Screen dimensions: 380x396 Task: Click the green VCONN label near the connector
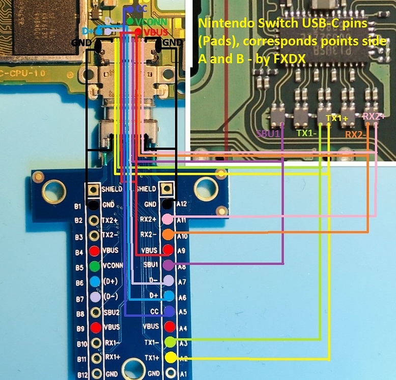coord(149,22)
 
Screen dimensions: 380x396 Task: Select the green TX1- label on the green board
coord(306,133)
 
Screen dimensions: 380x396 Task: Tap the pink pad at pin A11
coord(168,219)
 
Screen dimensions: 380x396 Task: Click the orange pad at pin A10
coord(168,234)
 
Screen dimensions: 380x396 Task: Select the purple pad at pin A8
coord(168,265)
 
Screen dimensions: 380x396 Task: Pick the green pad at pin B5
coord(93,266)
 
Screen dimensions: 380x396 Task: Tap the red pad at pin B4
coord(93,250)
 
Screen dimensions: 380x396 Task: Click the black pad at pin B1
coord(93,205)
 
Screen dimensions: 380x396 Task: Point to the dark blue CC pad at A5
coord(169,311)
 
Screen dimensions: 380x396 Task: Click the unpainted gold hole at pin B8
coord(94,312)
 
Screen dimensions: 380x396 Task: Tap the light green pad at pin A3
coord(170,342)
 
